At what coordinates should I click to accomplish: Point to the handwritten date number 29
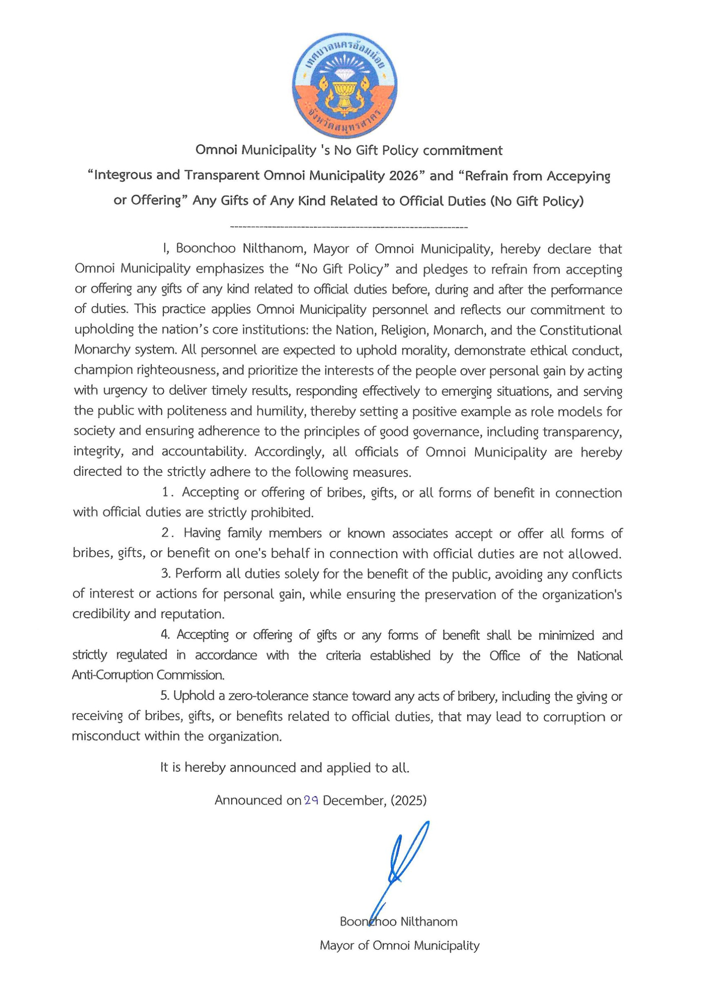tap(311, 800)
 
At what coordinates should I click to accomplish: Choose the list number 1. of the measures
tap(168, 492)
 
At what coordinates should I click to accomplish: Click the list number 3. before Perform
tap(166, 573)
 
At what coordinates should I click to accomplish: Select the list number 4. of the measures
tap(165, 635)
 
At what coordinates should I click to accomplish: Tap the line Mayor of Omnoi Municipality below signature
tap(399, 945)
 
